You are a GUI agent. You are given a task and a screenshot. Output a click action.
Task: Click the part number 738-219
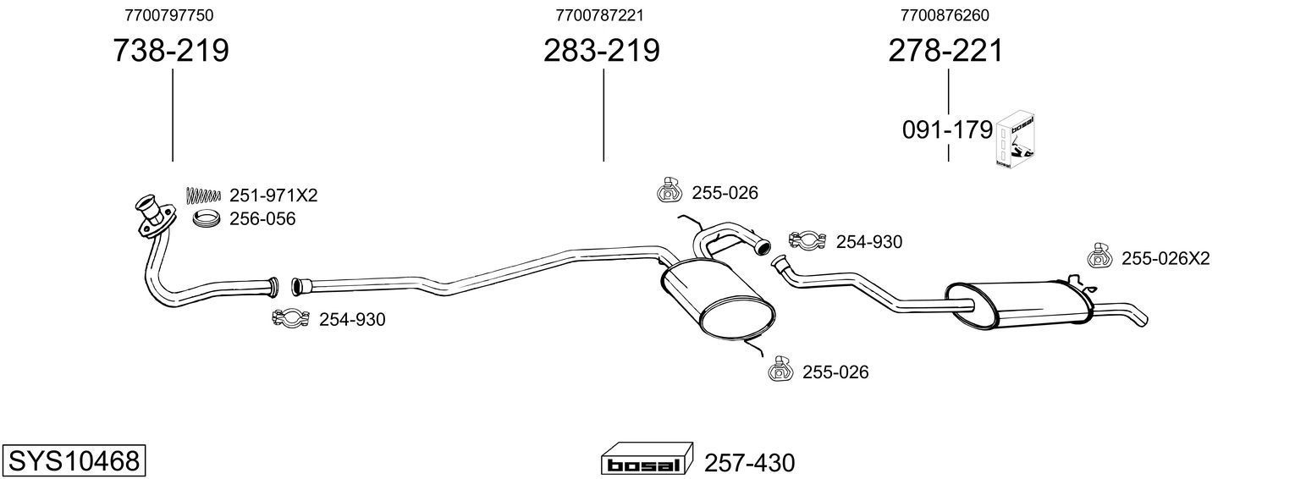171,52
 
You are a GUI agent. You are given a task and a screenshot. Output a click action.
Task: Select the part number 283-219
602,52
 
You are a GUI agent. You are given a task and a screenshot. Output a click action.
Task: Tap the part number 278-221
945,52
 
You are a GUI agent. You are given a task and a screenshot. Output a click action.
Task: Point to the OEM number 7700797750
168,15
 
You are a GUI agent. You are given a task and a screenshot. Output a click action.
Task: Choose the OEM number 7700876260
945,15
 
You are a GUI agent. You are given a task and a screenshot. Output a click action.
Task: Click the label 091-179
946,130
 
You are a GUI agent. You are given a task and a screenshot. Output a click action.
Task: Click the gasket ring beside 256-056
207,219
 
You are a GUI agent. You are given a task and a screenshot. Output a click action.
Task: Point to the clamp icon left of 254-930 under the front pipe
289,319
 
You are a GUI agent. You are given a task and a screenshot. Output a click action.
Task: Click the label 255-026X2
1165,258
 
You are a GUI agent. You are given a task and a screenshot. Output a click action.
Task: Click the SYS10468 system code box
74,461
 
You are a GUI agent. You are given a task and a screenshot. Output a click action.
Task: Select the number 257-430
749,463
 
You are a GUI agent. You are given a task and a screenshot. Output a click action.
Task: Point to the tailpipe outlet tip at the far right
1140,318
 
